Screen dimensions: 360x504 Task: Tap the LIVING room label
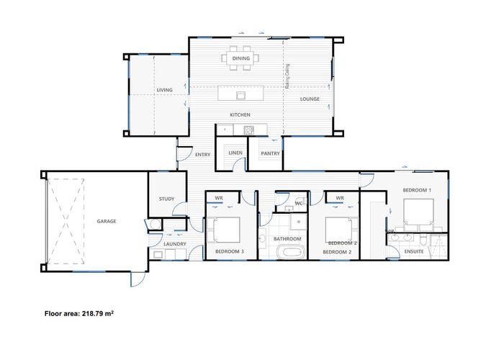point(165,90)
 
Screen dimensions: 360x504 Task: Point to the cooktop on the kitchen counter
point(249,130)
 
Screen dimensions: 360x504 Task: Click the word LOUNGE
point(310,99)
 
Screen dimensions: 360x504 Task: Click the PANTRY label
point(270,153)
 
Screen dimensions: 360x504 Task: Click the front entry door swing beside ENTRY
point(183,153)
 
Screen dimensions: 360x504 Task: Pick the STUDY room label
point(167,199)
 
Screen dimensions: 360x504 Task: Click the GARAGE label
point(107,221)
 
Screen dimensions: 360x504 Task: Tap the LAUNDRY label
point(175,244)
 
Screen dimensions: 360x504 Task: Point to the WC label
point(297,204)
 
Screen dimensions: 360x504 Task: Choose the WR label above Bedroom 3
point(218,197)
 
